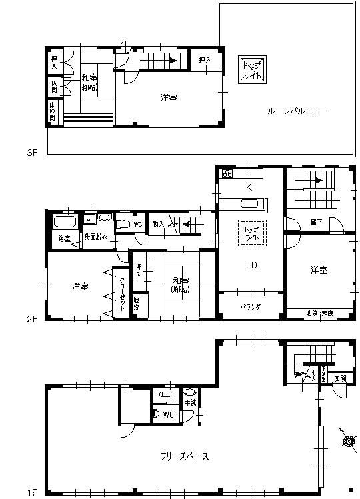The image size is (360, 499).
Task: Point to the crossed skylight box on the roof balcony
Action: [x=252, y=67]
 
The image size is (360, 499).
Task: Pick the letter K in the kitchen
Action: [x=248, y=188]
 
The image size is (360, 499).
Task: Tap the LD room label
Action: [x=251, y=265]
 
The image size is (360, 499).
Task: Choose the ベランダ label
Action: [x=251, y=306]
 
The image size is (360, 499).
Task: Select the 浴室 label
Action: [x=65, y=238]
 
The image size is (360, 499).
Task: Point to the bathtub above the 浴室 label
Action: [x=65, y=221]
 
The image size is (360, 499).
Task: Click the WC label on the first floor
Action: [x=168, y=415]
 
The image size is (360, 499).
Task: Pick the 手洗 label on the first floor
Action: [x=191, y=402]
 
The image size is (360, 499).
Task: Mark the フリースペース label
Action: [x=185, y=456]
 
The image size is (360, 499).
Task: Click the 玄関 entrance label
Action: [x=340, y=378]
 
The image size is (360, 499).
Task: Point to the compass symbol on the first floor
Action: [x=347, y=440]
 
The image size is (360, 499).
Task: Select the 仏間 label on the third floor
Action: [x=54, y=87]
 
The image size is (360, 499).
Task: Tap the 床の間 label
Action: [x=53, y=111]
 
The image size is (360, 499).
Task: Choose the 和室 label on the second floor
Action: [x=179, y=285]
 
